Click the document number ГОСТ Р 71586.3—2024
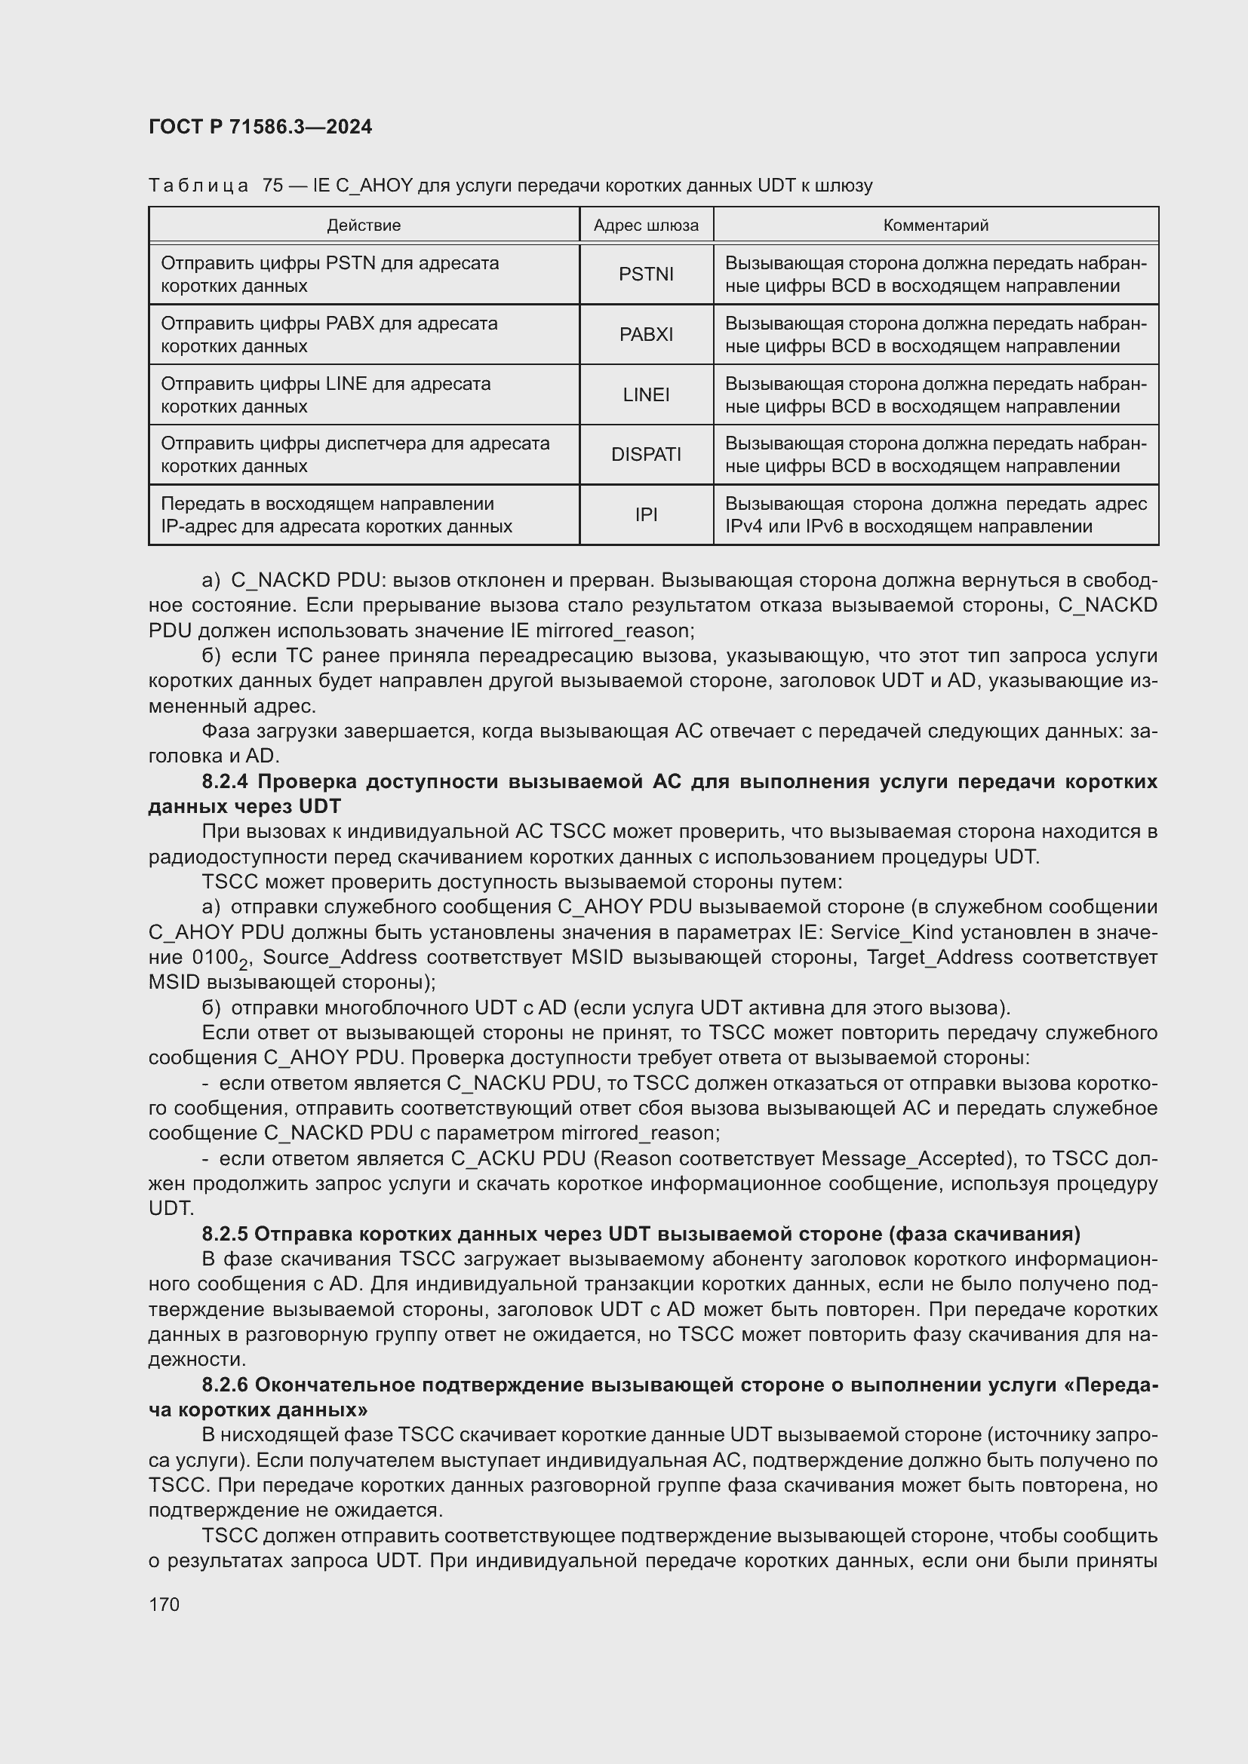[x=260, y=127]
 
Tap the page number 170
[x=164, y=1604]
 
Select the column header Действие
[x=364, y=225]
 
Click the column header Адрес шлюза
[x=646, y=225]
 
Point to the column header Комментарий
[x=935, y=225]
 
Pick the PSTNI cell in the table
[x=646, y=275]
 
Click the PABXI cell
[x=646, y=334]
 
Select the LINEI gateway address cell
[x=646, y=394]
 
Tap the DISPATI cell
[x=646, y=454]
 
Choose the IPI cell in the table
[x=646, y=515]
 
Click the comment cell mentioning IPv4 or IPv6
[x=935, y=515]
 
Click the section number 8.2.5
[x=225, y=1234]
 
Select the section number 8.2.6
[x=225, y=1385]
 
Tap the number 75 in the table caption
[x=272, y=186]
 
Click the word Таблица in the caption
[x=198, y=186]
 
